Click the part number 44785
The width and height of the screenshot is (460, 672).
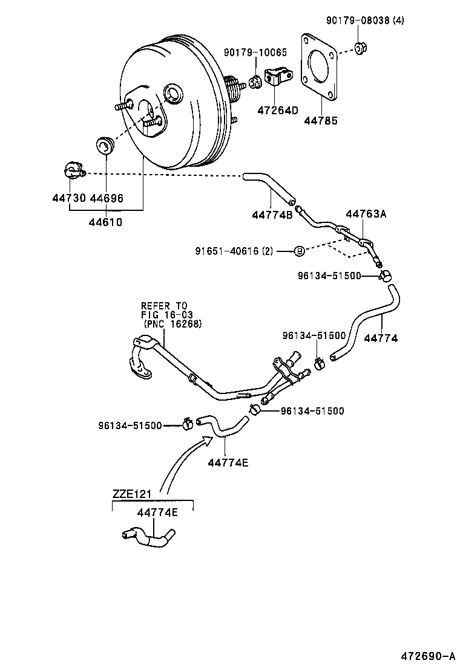(x=321, y=121)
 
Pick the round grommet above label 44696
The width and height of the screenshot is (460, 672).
(x=106, y=146)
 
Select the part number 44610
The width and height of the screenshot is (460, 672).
(x=105, y=222)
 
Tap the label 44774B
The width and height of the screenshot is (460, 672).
(x=272, y=215)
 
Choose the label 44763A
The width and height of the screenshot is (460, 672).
(x=366, y=213)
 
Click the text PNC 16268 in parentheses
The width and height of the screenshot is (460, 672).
(x=173, y=324)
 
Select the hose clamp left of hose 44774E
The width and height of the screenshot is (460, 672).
(x=187, y=425)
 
